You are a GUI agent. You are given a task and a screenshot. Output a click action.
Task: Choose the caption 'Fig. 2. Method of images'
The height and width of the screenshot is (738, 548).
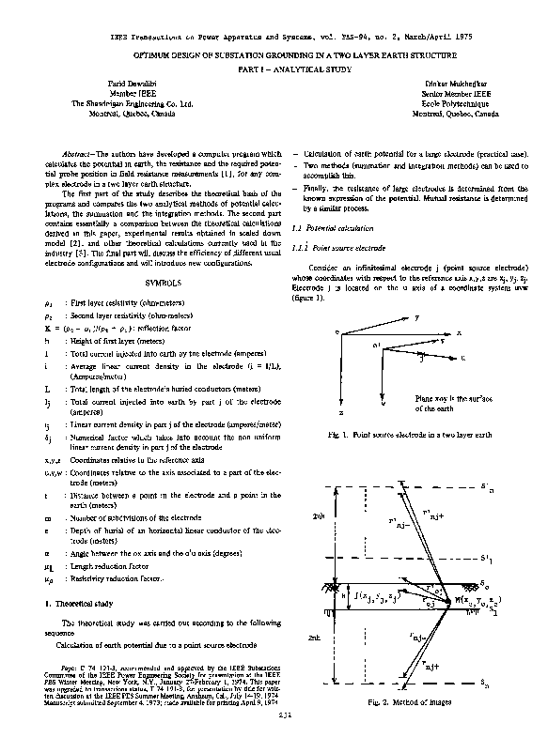[405, 701]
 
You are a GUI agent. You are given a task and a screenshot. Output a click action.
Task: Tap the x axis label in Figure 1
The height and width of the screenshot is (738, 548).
[458, 332]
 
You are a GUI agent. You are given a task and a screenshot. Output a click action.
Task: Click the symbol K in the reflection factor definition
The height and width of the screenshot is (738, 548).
[47, 329]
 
